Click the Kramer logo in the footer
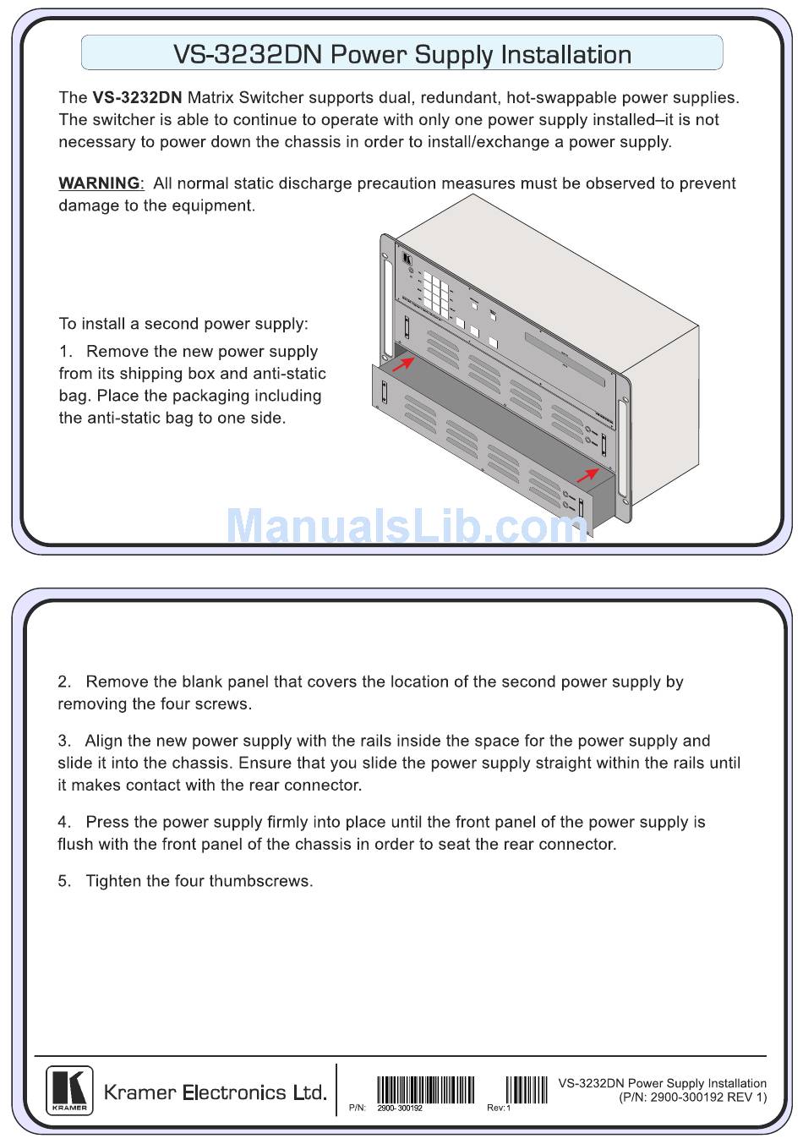pos(69,1091)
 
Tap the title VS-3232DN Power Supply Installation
pos(402,54)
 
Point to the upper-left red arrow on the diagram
pos(403,363)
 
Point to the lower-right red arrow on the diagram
pos(587,474)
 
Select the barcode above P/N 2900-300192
pos(426,1090)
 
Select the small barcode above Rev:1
pos(527,1090)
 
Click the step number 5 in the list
pos(63,881)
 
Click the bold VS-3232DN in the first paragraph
pos(137,97)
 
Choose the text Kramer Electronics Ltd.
pos(215,1092)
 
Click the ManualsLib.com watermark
pos(407,525)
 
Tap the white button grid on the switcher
pos(436,294)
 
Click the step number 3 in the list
pos(63,741)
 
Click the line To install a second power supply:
pos(183,324)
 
